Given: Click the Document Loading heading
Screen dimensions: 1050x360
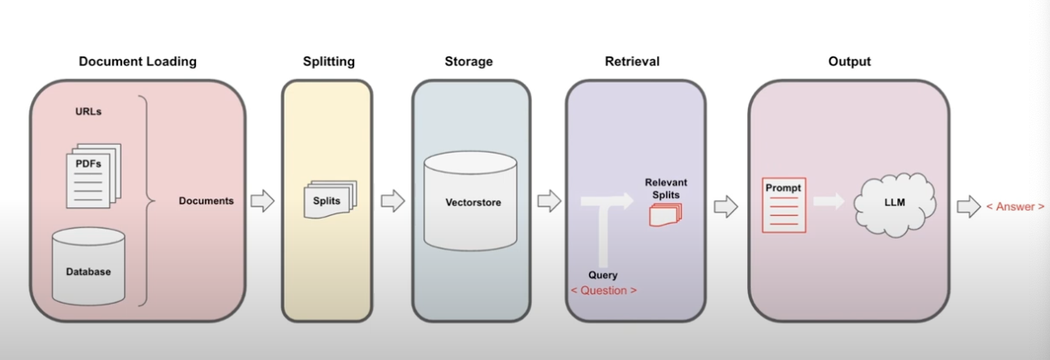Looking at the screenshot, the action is pos(137,62).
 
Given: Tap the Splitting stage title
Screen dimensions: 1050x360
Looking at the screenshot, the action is pos(329,62).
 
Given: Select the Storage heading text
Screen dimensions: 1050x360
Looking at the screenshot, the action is pos(469,62).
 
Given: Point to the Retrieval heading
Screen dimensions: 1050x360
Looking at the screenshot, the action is pos(632,62).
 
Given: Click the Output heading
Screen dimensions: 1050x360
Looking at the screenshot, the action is pos(850,62).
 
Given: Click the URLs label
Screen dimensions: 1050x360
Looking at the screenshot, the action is pos(89,112).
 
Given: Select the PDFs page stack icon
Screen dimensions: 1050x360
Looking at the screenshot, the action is pos(94,176).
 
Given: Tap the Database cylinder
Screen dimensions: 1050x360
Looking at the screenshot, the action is pos(89,266).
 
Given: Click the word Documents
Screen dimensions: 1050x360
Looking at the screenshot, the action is pos(207,200).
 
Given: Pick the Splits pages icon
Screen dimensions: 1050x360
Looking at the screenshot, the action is pos(330,200).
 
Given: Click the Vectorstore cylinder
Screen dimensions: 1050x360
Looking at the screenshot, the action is pos(470,200).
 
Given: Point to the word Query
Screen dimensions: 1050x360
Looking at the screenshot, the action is pos(603,275).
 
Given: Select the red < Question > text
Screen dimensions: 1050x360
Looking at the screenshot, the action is pos(604,291).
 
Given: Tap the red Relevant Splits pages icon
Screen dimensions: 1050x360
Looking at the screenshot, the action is pos(666,214).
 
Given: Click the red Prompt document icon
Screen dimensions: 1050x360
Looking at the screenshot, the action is pos(784,205).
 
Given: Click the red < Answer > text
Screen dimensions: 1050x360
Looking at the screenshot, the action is pos(1015,206).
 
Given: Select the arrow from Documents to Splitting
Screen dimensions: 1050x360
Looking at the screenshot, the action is pos(262,200).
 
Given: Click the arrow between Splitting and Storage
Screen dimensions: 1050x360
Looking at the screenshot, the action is pos(393,200).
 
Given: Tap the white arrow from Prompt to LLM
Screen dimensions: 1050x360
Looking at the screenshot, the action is pos(829,201).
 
